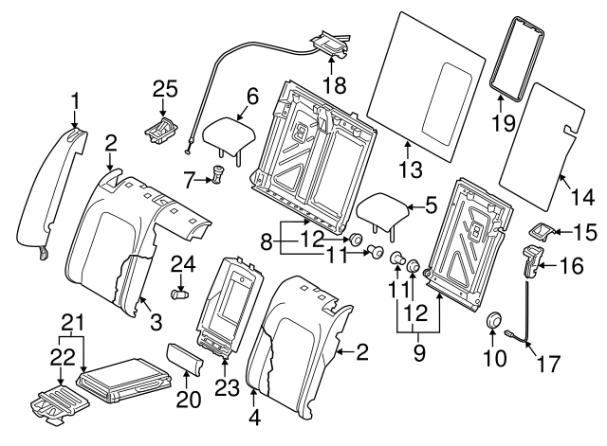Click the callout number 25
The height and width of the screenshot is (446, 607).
pyautogui.click(x=165, y=89)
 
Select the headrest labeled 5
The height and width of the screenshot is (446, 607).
pyautogui.click(x=383, y=211)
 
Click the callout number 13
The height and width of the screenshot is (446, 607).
pyautogui.click(x=408, y=170)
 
